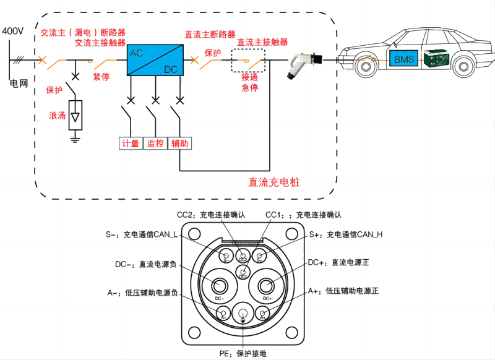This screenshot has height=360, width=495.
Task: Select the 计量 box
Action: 130,144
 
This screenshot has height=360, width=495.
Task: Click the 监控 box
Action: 155,144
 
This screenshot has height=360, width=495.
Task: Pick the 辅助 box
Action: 179,144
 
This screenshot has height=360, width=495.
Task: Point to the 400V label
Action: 12,30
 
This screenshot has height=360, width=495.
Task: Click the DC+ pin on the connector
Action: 267,286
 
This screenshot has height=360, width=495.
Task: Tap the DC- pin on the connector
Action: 220,286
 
